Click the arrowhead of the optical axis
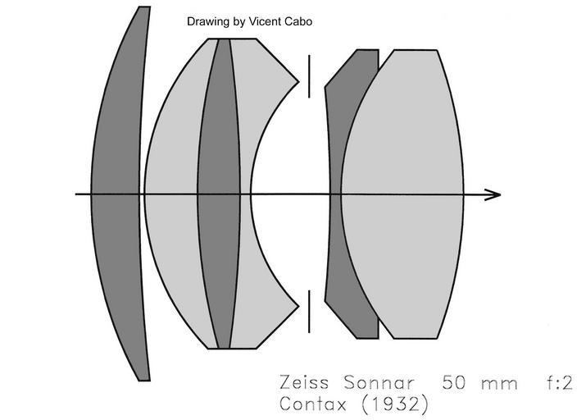point(493,194)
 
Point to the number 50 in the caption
point(456,383)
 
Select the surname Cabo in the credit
point(298,22)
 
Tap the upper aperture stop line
point(309,76)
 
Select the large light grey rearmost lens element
point(406,194)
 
